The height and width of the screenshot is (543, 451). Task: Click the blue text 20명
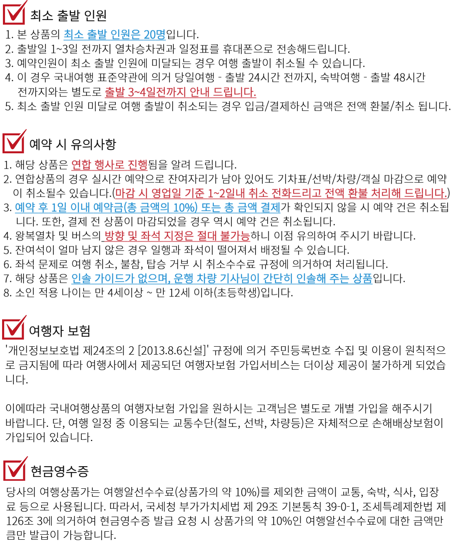pyautogui.click(x=155, y=35)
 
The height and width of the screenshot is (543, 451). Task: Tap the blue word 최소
pyautogui.click(x=73, y=35)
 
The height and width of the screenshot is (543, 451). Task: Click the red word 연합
pyautogui.click(x=81, y=165)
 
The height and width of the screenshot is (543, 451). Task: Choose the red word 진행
pyautogui.click(x=137, y=165)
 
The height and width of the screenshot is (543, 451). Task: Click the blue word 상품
pyautogui.click(x=362, y=279)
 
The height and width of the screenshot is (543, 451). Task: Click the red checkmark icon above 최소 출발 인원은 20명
pyautogui.click(x=15, y=13)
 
